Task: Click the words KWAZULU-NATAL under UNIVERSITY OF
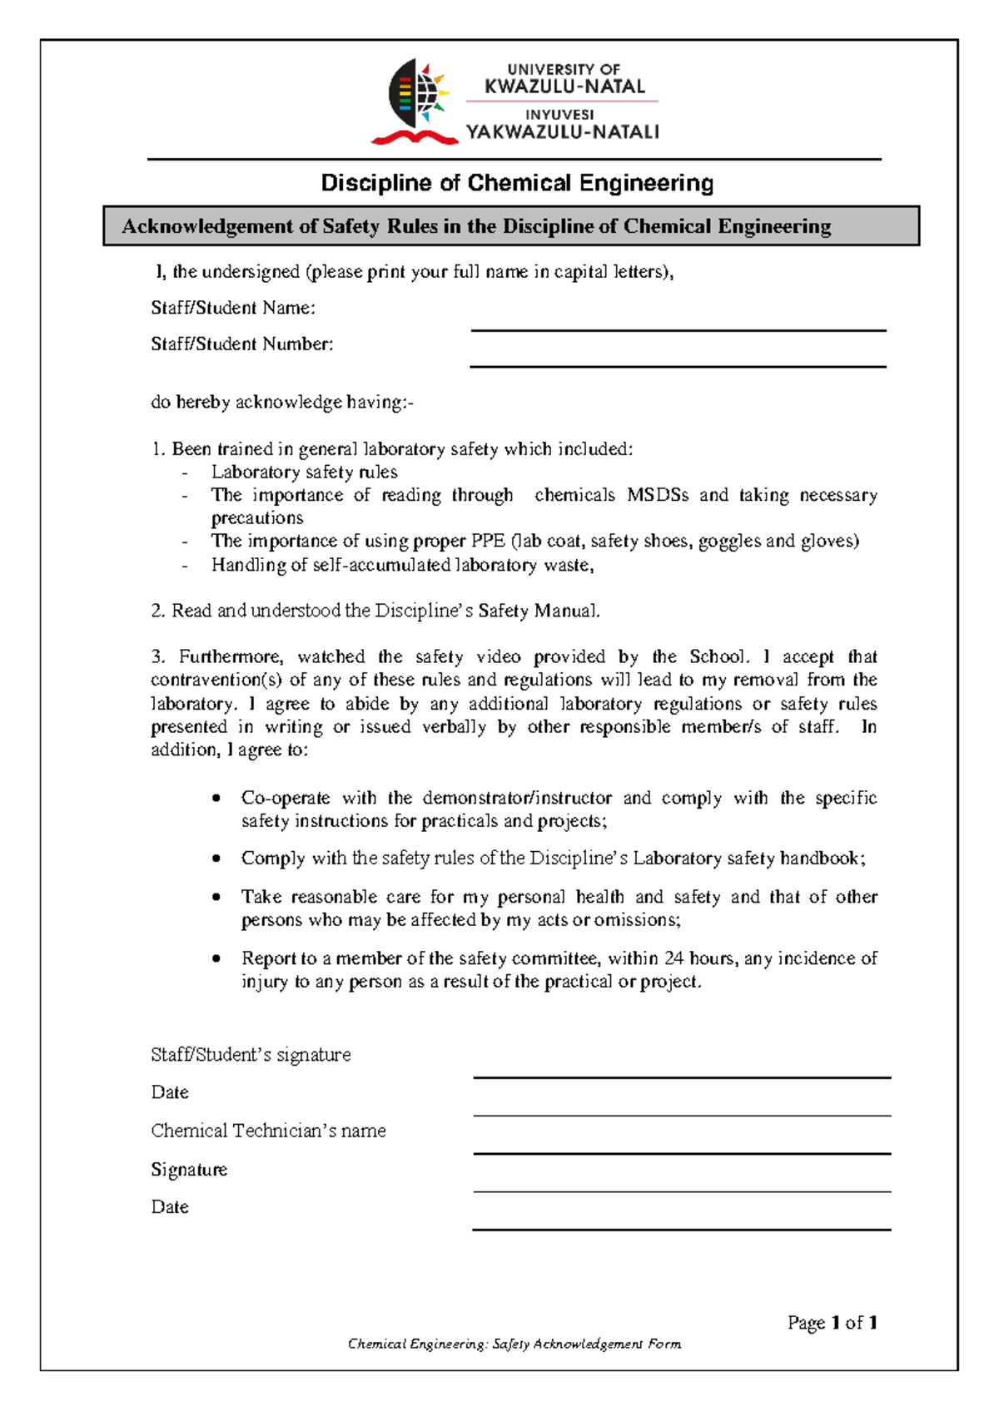(564, 87)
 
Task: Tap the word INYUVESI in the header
(559, 115)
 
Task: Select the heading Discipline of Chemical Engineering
(517, 183)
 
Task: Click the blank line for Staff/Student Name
(678, 329)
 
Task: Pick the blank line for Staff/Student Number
(678, 365)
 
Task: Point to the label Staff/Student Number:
(241, 344)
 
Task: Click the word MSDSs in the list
(657, 495)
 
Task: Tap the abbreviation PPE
(487, 541)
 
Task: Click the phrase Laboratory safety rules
(304, 472)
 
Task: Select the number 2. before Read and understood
(158, 611)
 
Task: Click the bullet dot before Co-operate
(216, 798)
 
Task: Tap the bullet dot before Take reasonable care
(216, 897)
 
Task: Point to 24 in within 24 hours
(673, 958)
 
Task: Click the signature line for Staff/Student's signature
(681, 1077)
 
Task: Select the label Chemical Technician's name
(268, 1131)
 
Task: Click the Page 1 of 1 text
(832, 1322)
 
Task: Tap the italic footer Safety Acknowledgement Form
(586, 1344)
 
